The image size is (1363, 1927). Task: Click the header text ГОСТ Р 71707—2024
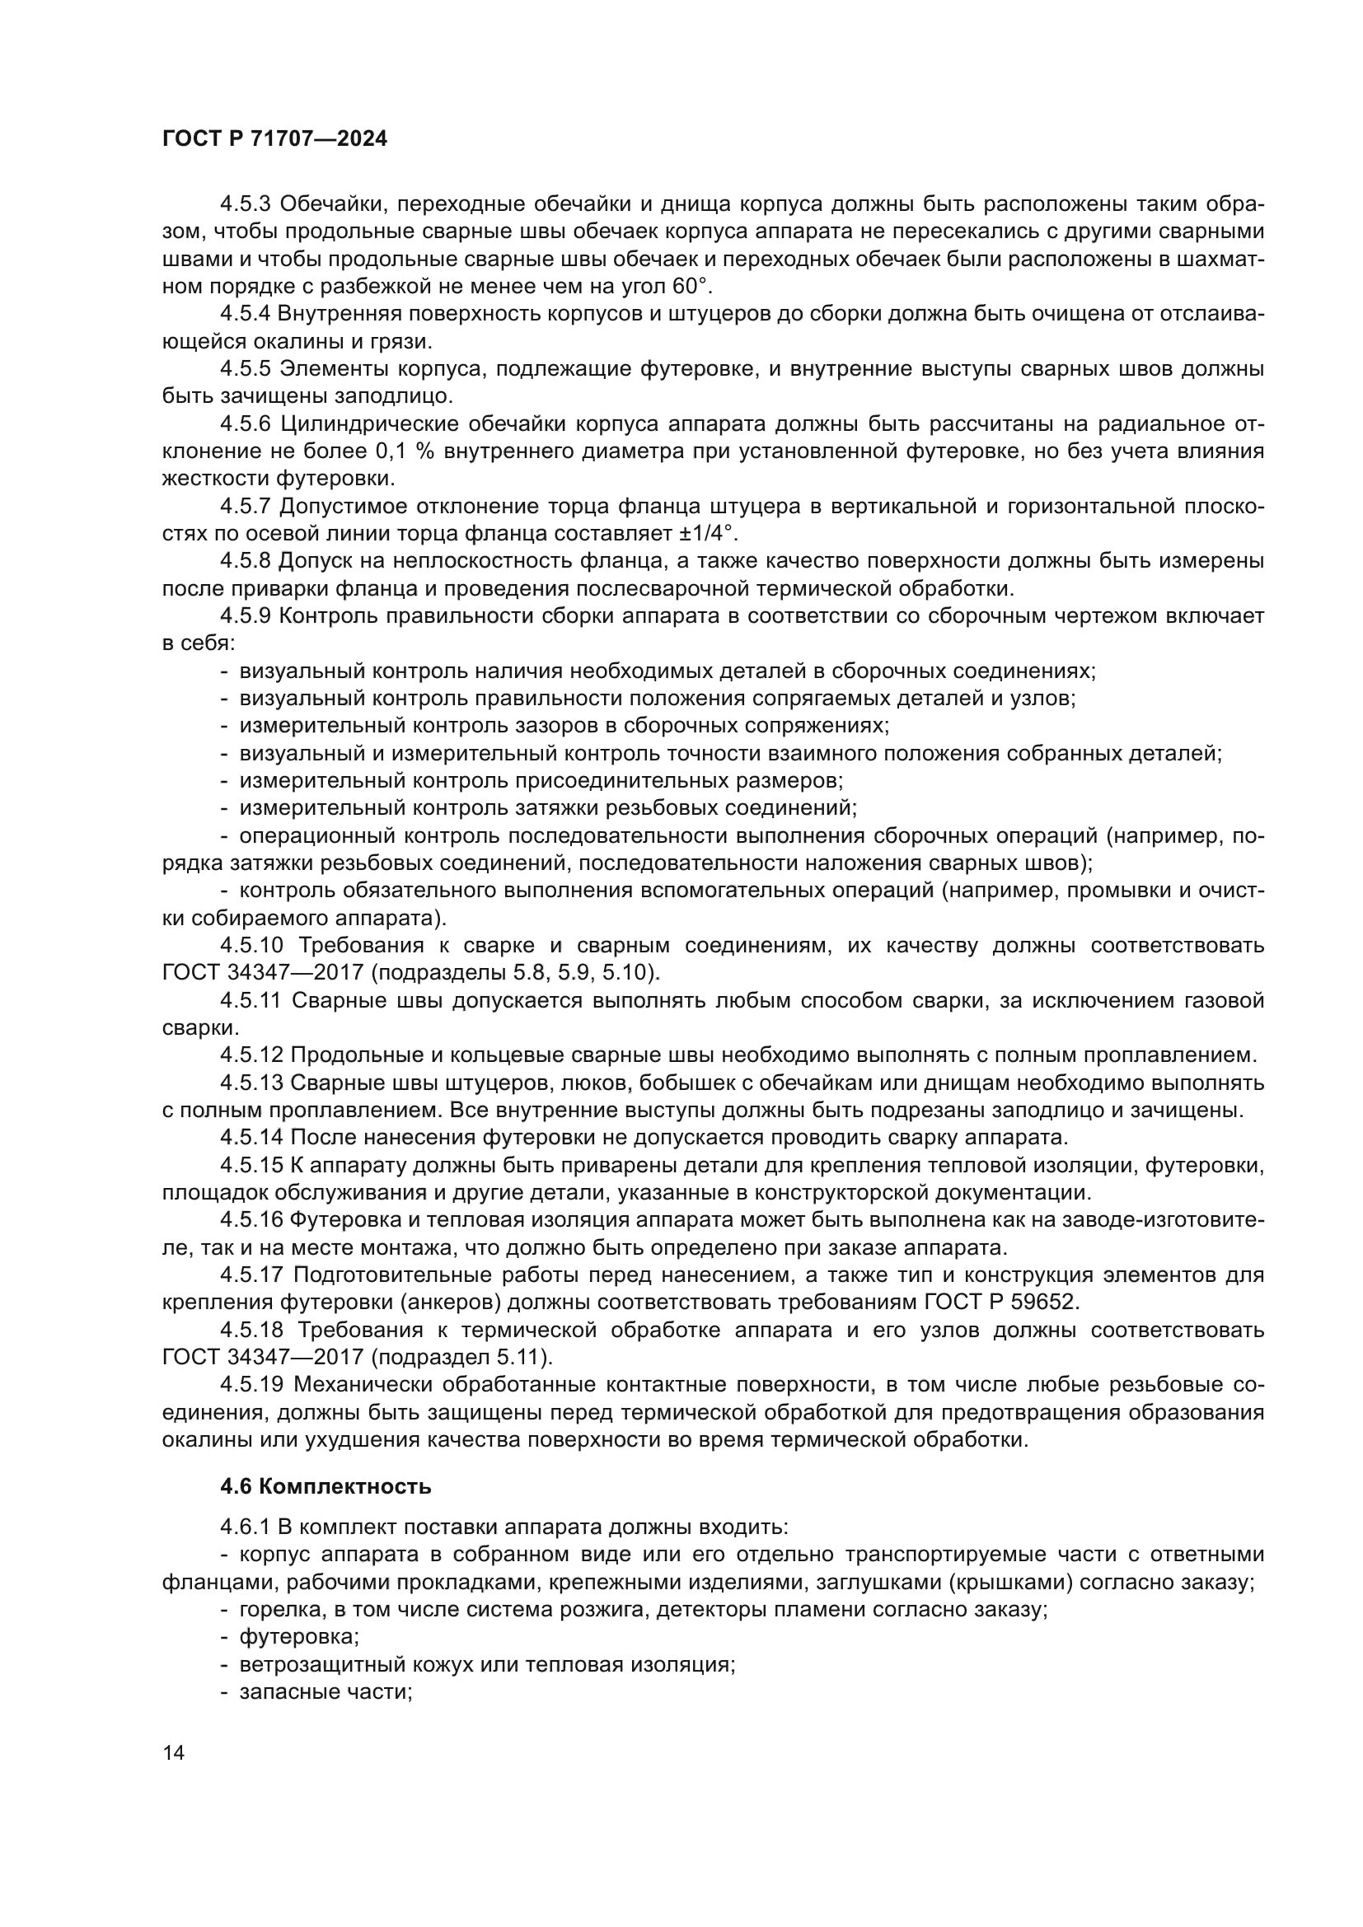[x=274, y=139]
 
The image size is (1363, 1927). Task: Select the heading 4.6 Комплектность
[x=326, y=1486]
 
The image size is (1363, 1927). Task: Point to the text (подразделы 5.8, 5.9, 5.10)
[x=515, y=973]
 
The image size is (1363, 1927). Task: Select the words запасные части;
[x=326, y=1691]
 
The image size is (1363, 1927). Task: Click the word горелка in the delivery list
[x=274, y=1609]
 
